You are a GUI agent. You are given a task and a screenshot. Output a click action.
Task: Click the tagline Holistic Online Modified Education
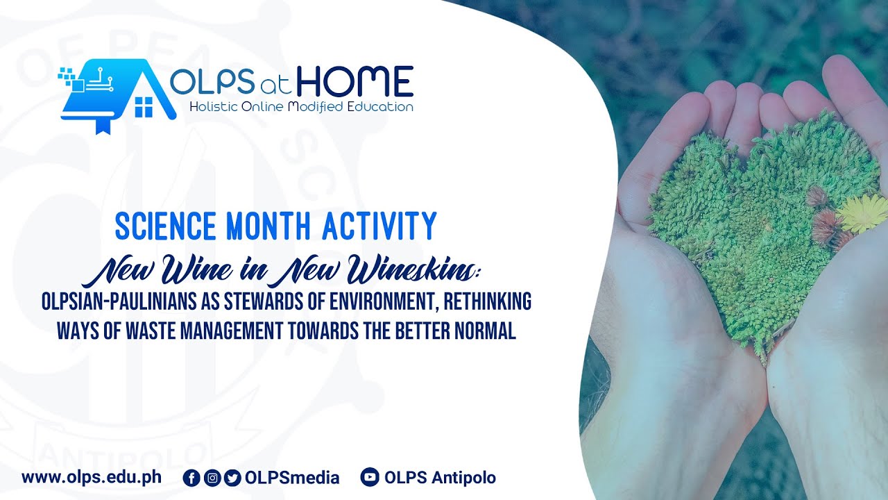click(x=302, y=107)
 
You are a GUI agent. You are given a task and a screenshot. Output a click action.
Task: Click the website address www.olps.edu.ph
click(x=92, y=478)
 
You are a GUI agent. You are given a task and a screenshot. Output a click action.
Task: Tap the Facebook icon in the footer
click(x=191, y=478)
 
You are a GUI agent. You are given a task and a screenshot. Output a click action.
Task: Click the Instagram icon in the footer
click(x=212, y=478)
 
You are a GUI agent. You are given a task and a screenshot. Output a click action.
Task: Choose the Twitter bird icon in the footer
click(x=232, y=478)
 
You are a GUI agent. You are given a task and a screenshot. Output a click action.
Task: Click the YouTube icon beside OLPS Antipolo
click(x=370, y=478)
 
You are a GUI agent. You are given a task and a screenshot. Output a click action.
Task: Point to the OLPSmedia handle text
click(x=292, y=478)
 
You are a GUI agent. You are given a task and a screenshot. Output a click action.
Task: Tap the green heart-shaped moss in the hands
click(x=749, y=222)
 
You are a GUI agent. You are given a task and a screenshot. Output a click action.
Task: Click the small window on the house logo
click(x=144, y=107)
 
